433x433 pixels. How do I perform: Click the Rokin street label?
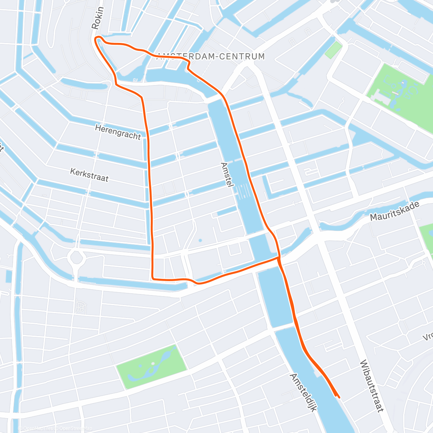[97, 18]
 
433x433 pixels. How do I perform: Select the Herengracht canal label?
[118, 132]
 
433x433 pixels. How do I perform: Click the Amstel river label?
[226, 174]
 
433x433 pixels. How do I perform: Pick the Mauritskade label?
[395, 211]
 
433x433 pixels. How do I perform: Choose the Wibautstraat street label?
[371, 386]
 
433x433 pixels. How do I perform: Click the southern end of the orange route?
[338, 397]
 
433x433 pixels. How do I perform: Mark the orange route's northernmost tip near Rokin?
[96, 38]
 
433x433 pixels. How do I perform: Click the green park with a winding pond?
[152, 366]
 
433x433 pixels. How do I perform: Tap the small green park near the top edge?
[333, 50]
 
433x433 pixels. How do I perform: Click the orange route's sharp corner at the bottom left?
[153, 278]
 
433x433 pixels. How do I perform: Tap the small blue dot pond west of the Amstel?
[200, 240]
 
